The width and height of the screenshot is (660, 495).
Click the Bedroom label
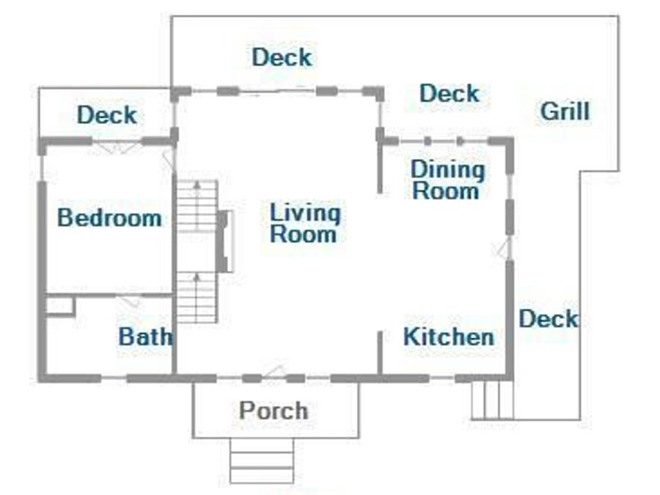[x=109, y=218]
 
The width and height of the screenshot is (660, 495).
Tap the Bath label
[x=145, y=337]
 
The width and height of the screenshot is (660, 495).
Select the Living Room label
[x=305, y=223]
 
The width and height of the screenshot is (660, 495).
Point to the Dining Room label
[x=447, y=180]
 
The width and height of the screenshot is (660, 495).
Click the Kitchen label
[x=449, y=337]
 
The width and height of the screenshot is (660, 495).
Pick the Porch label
[x=274, y=411]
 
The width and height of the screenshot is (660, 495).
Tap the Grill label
[x=565, y=111]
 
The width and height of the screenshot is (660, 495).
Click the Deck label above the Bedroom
[x=107, y=115]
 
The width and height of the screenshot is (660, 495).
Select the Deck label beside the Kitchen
[x=548, y=319]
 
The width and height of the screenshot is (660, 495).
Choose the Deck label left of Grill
[x=450, y=93]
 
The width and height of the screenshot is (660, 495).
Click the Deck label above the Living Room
[x=282, y=56]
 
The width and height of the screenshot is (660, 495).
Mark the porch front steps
[x=262, y=460]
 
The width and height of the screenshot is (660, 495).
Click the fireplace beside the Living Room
[x=224, y=241]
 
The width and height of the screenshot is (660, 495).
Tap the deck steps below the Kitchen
[x=492, y=400]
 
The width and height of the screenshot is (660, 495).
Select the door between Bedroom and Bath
[x=130, y=301]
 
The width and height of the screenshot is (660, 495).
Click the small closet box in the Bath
[x=60, y=306]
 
